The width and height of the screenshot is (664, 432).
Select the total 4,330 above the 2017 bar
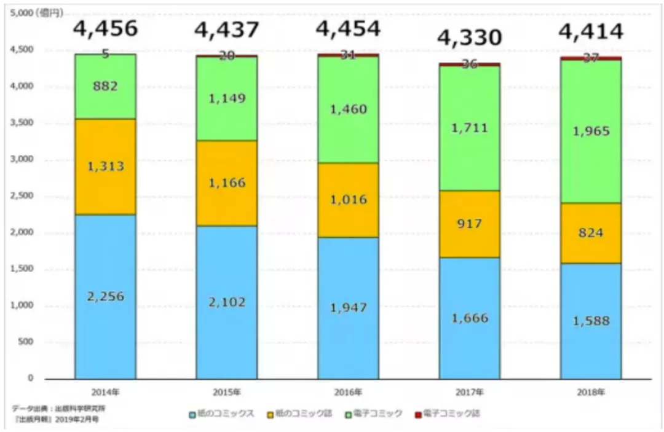(x=470, y=37)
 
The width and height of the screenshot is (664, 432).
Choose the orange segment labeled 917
(x=470, y=224)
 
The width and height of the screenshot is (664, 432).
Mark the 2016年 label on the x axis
(x=348, y=391)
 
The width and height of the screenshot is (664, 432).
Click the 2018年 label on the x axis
(x=591, y=391)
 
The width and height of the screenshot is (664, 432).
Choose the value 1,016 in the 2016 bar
(x=348, y=200)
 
